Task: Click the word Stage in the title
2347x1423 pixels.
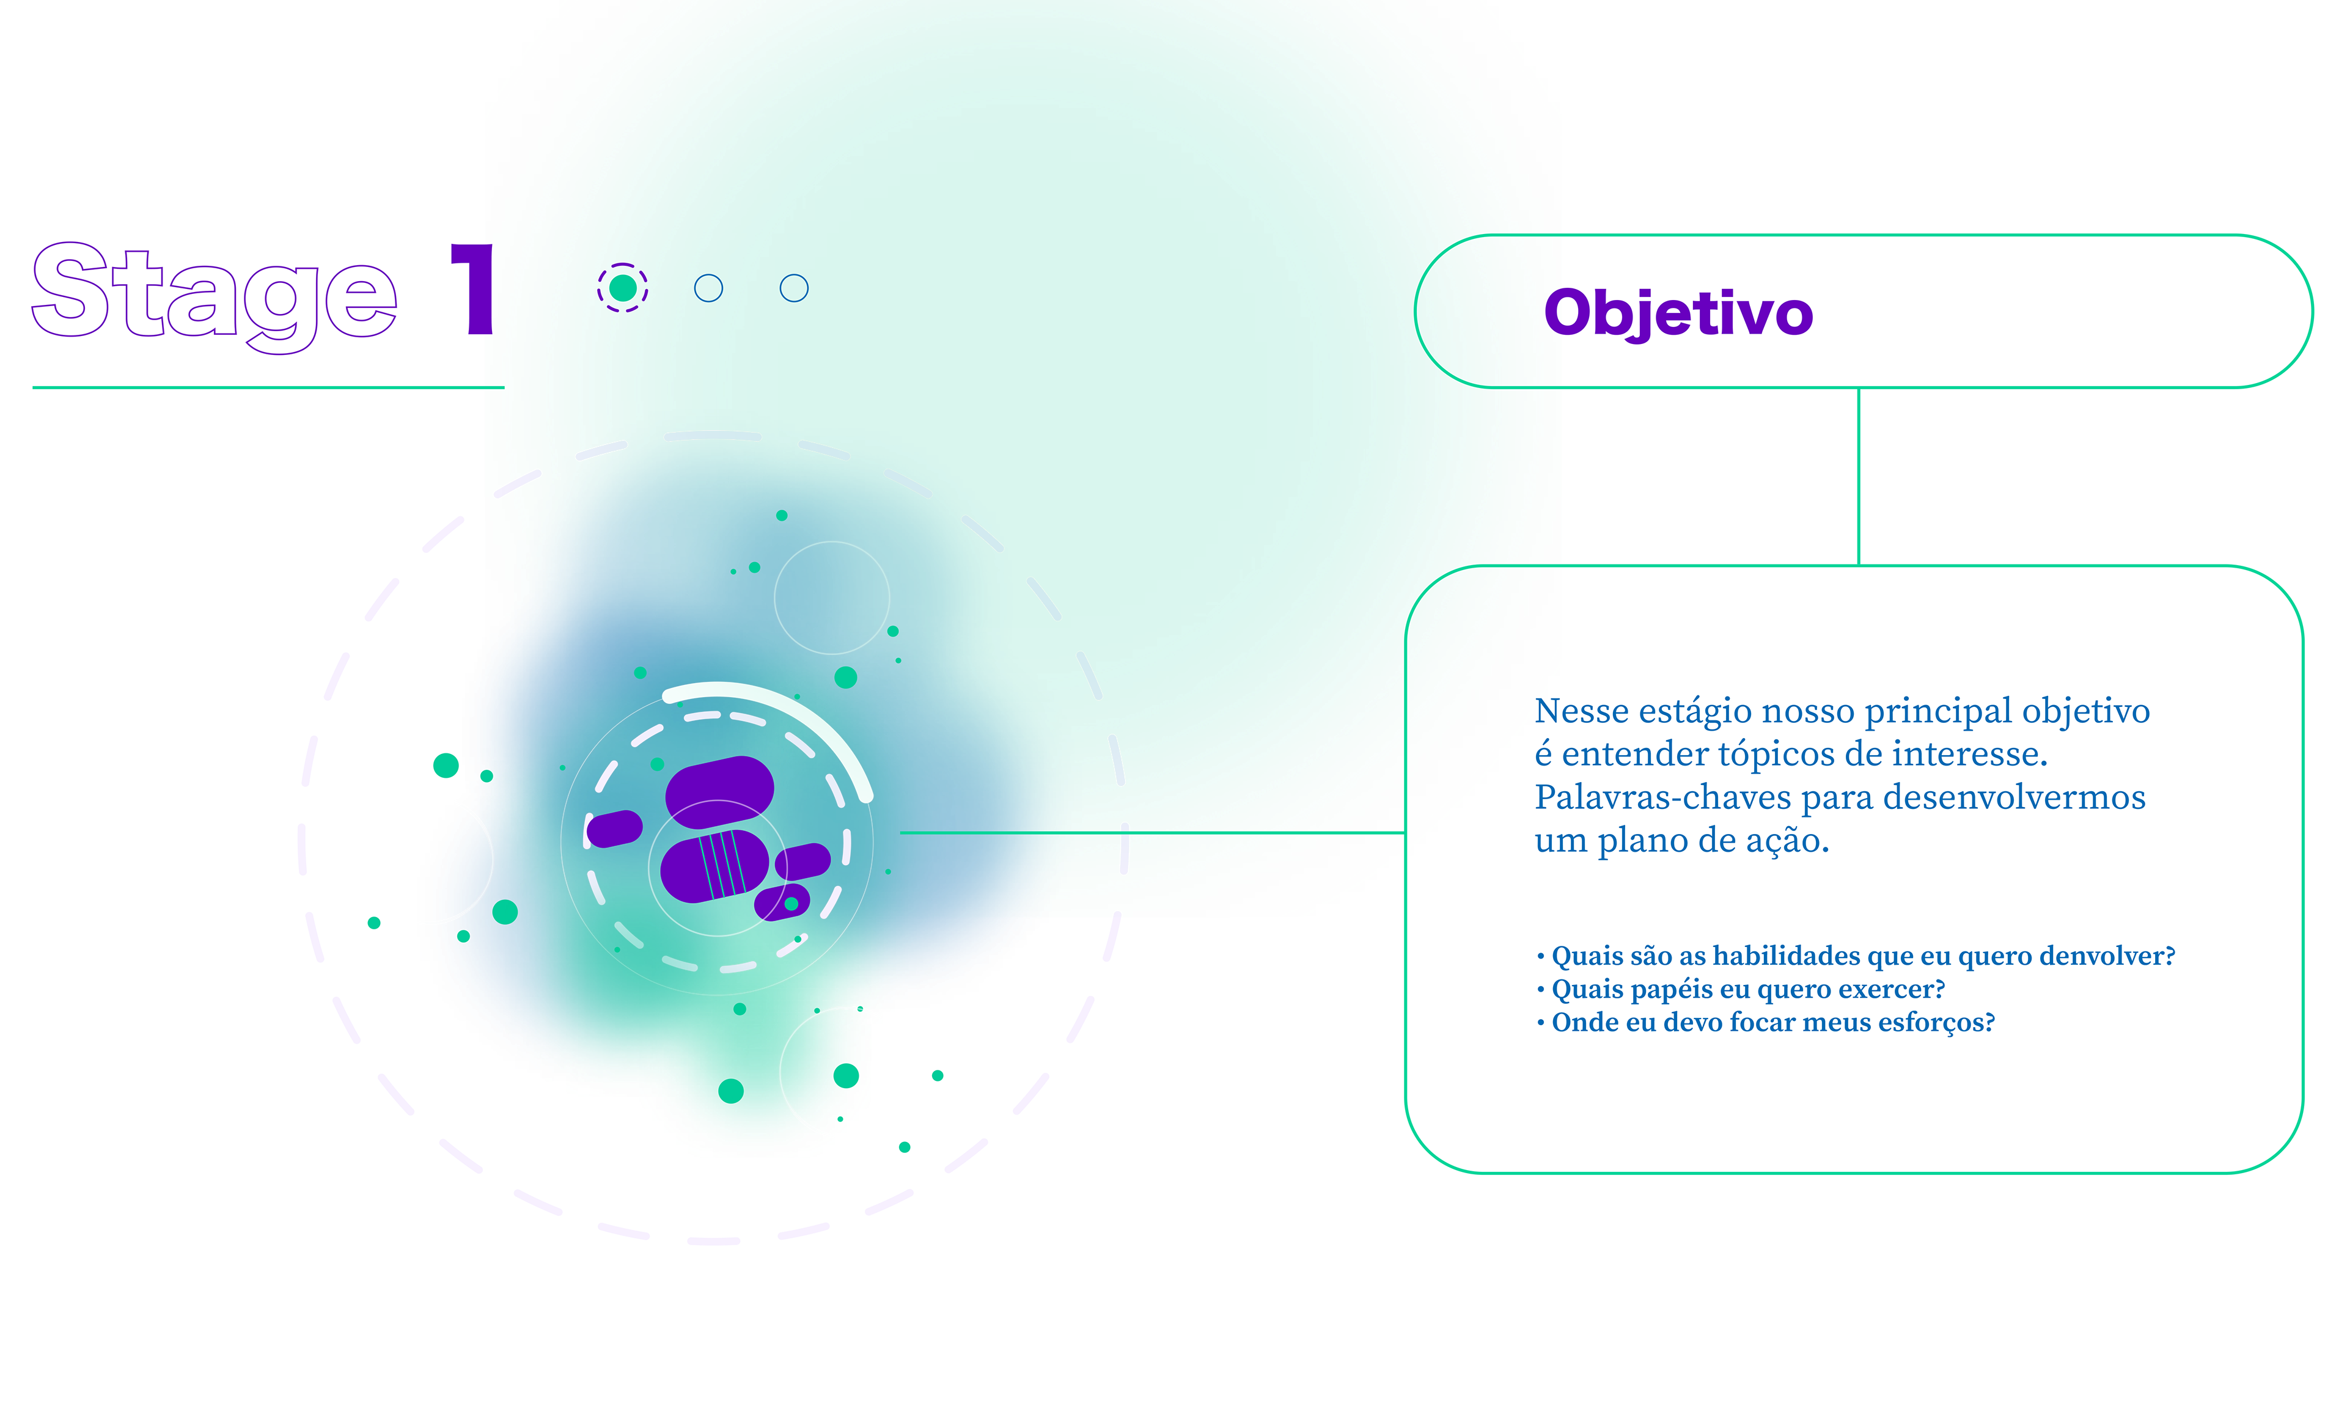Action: pyautogui.click(x=215, y=293)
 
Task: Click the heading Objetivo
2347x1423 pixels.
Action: pyautogui.click(x=1678, y=313)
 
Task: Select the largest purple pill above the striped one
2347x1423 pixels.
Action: pyautogui.click(x=719, y=789)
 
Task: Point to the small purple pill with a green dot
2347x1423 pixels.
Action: pyautogui.click(x=782, y=902)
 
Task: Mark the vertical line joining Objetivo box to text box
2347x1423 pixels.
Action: pyautogui.click(x=1859, y=476)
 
